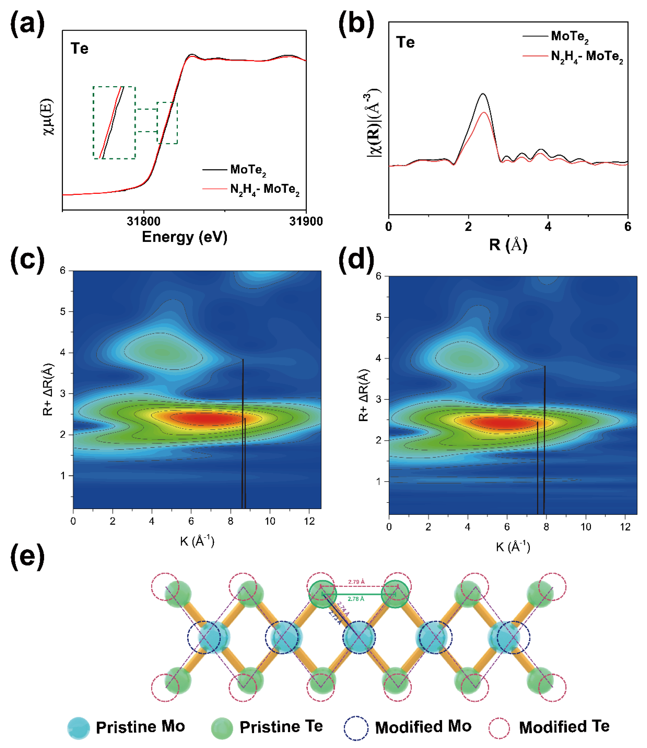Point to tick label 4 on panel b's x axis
click(548, 227)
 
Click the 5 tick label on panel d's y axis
click(378, 317)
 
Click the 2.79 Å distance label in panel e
click(356, 582)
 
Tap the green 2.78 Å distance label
click(356, 599)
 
